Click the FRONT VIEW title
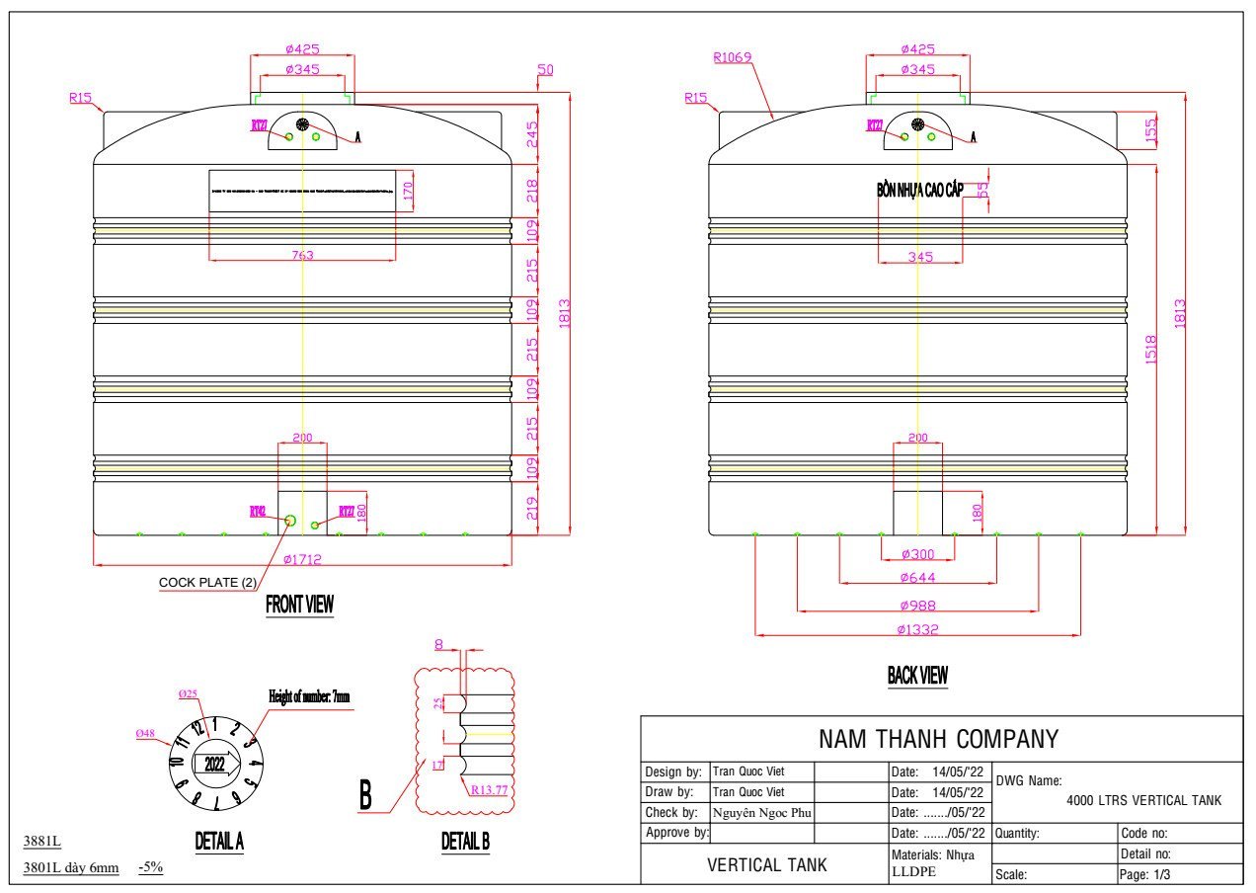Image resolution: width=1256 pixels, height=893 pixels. point(299,605)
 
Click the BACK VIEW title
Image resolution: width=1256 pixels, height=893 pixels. point(917,676)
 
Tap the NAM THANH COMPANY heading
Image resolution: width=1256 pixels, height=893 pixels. point(938,739)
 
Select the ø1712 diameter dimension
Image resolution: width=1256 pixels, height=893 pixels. point(302,559)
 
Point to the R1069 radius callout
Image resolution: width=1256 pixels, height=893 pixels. point(733,57)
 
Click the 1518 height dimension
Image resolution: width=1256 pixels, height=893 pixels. point(1151,348)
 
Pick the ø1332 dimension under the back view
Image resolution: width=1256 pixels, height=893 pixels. point(916,629)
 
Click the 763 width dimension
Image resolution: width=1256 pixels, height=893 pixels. point(302,255)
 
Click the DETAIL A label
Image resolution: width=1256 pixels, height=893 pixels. point(219,842)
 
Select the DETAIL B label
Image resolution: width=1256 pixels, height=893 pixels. point(465,842)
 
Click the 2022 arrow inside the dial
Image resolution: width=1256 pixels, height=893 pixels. point(215,763)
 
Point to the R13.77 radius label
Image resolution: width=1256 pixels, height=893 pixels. point(494,790)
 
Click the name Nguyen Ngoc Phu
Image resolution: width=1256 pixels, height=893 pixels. point(761,812)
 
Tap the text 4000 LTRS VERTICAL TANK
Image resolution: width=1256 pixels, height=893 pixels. point(1144,800)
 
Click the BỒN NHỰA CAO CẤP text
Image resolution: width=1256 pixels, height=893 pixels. point(919,190)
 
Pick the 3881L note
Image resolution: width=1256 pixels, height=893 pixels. point(42,842)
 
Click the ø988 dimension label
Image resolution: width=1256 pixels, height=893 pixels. point(916,606)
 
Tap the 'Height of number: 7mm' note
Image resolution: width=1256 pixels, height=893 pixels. point(309,696)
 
